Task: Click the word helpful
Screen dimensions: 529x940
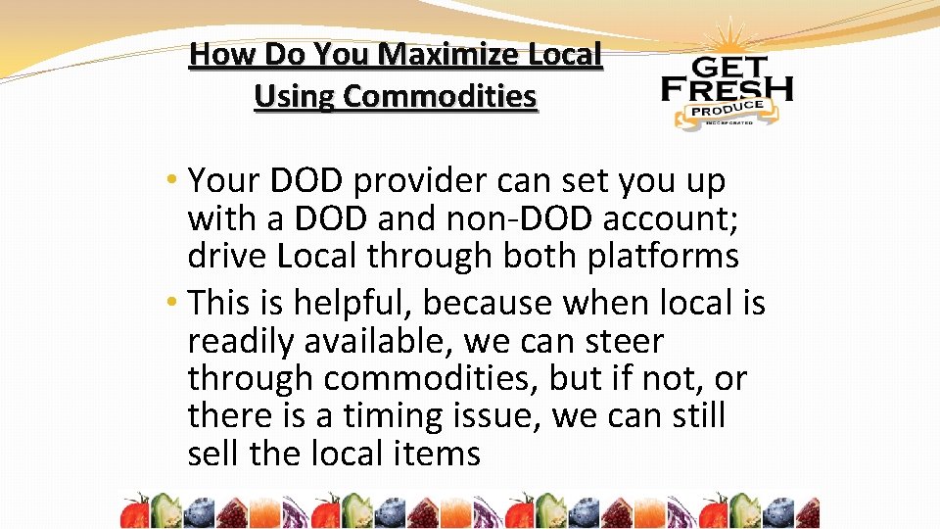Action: (x=336, y=304)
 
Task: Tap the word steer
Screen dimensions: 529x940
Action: (x=622, y=342)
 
